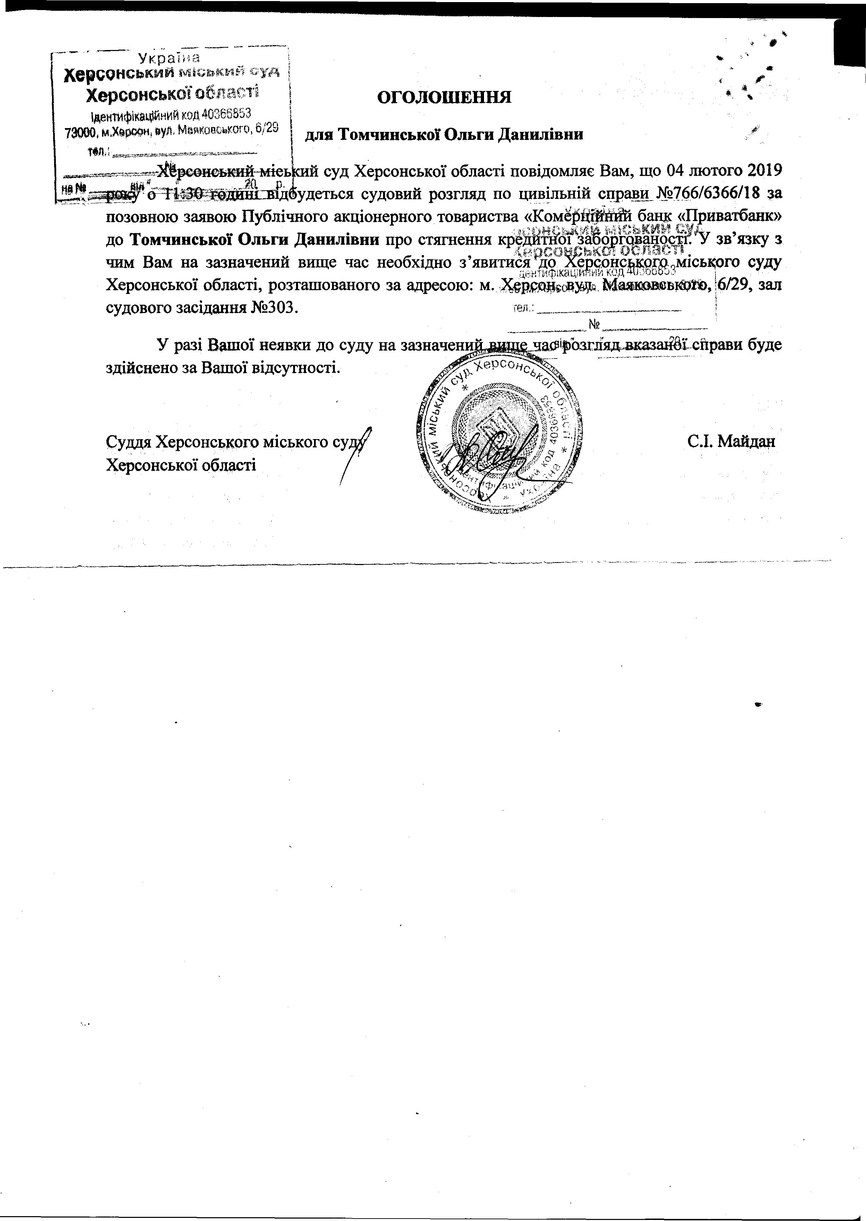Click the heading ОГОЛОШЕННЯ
[x=444, y=97]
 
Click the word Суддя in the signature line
[x=128, y=442]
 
